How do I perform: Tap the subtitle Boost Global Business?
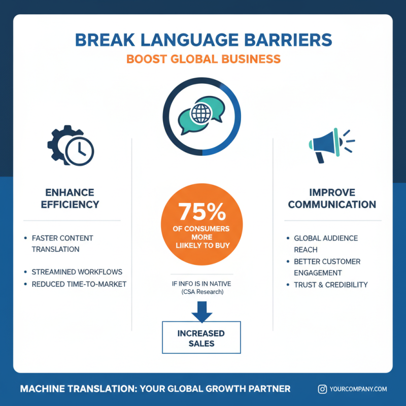coord(203,59)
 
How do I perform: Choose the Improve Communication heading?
coord(335,198)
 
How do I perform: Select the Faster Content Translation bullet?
coord(62,244)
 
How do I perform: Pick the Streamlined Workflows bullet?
coord(77,272)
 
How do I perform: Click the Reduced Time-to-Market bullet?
coord(79,284)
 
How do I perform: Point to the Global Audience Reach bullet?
coord(325,244)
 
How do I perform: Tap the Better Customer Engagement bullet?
coord(327,267)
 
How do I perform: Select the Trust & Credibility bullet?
coord(330,285)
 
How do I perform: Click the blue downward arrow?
coord(201,311)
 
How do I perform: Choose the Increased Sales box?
coord(201,338)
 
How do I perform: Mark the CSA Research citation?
coord(201,293)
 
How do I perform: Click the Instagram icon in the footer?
coord(322,389)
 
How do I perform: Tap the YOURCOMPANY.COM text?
coord(358,389)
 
